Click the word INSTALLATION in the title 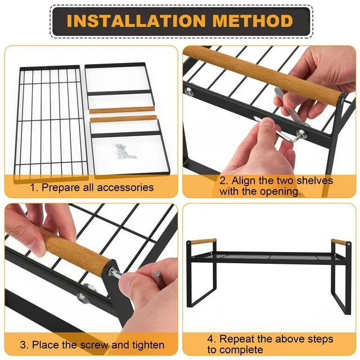pos(136,21)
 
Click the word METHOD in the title pos(253,21)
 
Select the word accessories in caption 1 pos(125,187)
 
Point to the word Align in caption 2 pos(244,181)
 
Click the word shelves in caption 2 pos(314,180)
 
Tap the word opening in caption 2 pos(280,191)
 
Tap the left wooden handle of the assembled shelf pos(203,241)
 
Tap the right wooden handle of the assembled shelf pos(338,242)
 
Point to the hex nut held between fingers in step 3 pos(157,274)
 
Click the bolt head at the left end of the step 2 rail pos(189,91)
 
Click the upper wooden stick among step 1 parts pos(121,110)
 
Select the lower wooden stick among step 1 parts pos(124,119)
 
